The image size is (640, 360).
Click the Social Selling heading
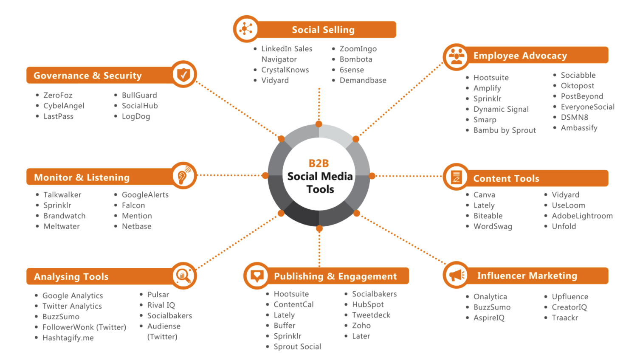[323, 30]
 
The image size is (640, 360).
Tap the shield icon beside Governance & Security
[184, 74]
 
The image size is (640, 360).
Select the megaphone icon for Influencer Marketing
[457, 275]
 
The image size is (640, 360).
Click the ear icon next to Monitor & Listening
[184, 175]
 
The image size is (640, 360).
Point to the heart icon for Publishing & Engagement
[257, 276]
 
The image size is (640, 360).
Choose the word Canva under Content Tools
[484, 195]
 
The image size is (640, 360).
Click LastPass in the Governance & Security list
[58, 116]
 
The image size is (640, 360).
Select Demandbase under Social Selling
[363, 80]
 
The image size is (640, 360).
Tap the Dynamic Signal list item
[501, 109]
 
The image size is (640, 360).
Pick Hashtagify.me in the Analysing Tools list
[68, 338]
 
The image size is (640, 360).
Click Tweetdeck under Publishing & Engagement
[371, 315]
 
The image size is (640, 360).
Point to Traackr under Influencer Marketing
[564, 318]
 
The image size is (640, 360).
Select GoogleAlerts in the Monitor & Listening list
[145, 195]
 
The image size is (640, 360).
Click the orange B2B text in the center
[319, 163]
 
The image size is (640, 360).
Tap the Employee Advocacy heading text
[520, 56]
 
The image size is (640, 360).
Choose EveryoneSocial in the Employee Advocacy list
[587, 107]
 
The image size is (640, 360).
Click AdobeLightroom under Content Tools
[582, 216]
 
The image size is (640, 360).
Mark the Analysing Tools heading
[71, 277]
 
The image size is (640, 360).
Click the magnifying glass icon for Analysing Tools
[183, 276]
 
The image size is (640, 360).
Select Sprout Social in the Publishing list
[297, 347]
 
